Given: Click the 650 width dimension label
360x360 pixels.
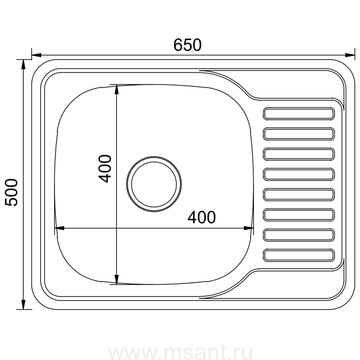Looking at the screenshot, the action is click(187, 45).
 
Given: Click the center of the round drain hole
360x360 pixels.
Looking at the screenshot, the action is click(154, 184).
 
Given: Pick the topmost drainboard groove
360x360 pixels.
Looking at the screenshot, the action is click(299, 114).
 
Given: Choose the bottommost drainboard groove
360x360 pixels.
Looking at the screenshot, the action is click(299, 255).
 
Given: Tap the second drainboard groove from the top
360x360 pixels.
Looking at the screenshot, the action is click(299, 134).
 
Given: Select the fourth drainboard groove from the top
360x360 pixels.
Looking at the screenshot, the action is click(299, 174).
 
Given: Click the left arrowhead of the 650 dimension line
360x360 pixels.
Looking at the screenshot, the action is click(36, 55).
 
